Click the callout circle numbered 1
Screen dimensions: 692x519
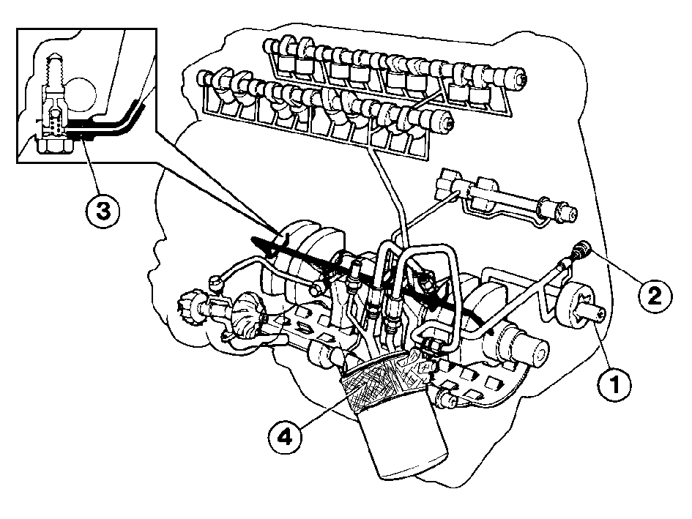click(614, 385)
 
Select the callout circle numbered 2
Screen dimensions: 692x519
click(655, 296)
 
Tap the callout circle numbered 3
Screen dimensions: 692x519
click(103, 211)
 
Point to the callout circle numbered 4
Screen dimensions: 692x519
click(286, 437)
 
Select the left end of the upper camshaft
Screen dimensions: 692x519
click(269, 44)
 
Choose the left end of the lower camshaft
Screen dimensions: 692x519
click(204, 77)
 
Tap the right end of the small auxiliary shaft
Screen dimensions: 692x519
click(570, 212)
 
